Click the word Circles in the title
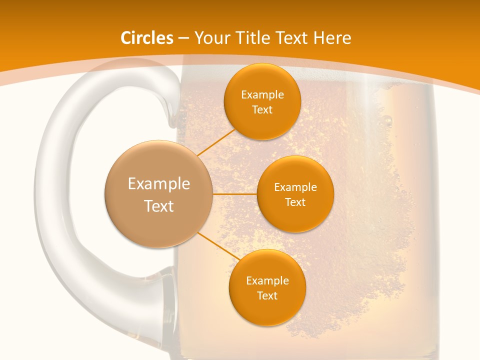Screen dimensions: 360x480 click(x=146, y=38)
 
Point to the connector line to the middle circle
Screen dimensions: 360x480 click(x=234, y=194)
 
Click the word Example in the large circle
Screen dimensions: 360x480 click(x=158, y=184)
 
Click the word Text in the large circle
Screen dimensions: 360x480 click(x=158, y=206)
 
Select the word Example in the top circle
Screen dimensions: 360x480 click(x=262, y=95)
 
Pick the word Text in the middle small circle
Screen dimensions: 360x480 click(x=295, y=202)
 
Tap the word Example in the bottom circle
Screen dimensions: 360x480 click(x=267, y=281)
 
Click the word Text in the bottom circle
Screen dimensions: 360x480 click(x=267, y=296)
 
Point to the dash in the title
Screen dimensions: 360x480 click(x=183, y=38)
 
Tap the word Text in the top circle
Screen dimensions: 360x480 click(x=262, y=110)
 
